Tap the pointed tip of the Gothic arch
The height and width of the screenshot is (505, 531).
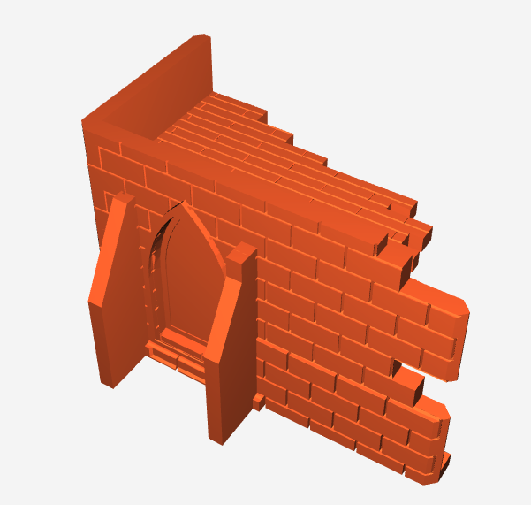point(183,205)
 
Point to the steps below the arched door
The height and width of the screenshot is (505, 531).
point(177,355)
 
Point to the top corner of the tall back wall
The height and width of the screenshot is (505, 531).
point(201,36)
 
